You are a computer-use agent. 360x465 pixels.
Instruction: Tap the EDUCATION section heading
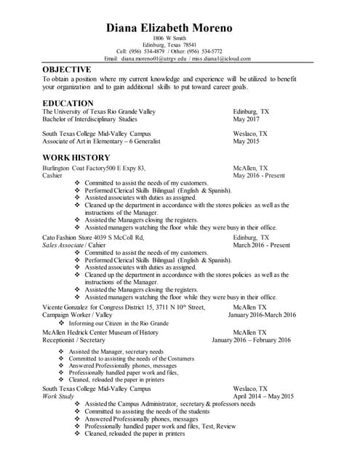68,103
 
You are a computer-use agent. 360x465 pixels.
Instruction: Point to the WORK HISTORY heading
76,157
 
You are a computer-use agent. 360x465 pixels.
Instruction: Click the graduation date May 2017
246,119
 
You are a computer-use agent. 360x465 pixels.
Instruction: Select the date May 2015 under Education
246,142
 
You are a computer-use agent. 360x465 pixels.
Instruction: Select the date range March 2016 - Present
261,245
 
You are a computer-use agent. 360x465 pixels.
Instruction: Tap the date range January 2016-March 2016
262,315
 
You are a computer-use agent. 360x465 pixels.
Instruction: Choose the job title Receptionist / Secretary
73,339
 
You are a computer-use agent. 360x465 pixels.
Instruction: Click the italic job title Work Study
58,397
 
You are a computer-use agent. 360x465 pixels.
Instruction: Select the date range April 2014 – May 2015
263,397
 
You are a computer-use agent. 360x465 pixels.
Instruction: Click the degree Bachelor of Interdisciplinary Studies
89,119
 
